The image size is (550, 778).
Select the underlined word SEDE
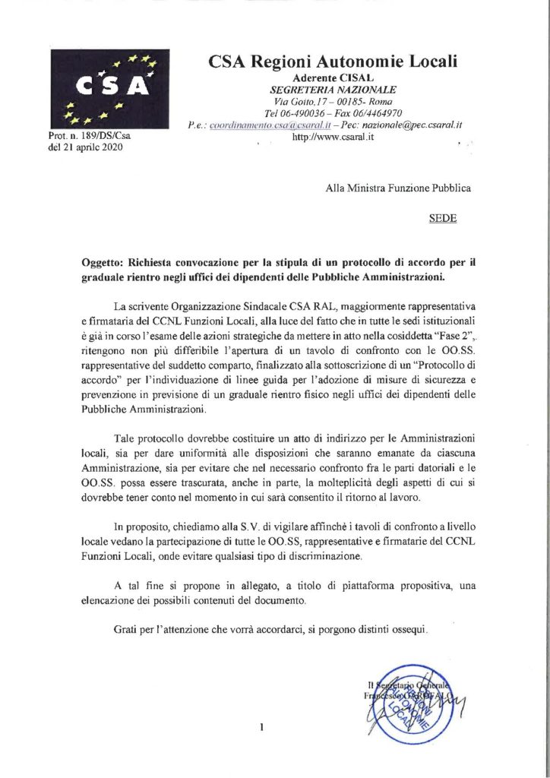click(443, 217)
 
